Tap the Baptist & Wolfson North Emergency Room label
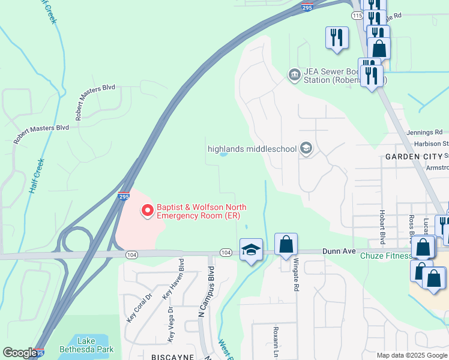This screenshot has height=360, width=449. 202,212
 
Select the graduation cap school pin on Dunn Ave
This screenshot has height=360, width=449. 251,250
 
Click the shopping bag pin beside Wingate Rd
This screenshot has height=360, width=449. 286,245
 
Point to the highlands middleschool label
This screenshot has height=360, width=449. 252,149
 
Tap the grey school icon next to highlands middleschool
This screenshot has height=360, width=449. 306,148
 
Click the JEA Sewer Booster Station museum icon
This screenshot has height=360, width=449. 294,74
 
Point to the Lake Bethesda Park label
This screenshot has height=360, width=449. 86,344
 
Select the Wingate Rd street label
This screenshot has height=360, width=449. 296,274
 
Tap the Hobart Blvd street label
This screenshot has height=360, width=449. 382,227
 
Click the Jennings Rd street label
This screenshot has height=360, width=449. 424,132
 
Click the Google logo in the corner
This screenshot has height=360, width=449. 20,353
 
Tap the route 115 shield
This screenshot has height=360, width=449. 358,15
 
